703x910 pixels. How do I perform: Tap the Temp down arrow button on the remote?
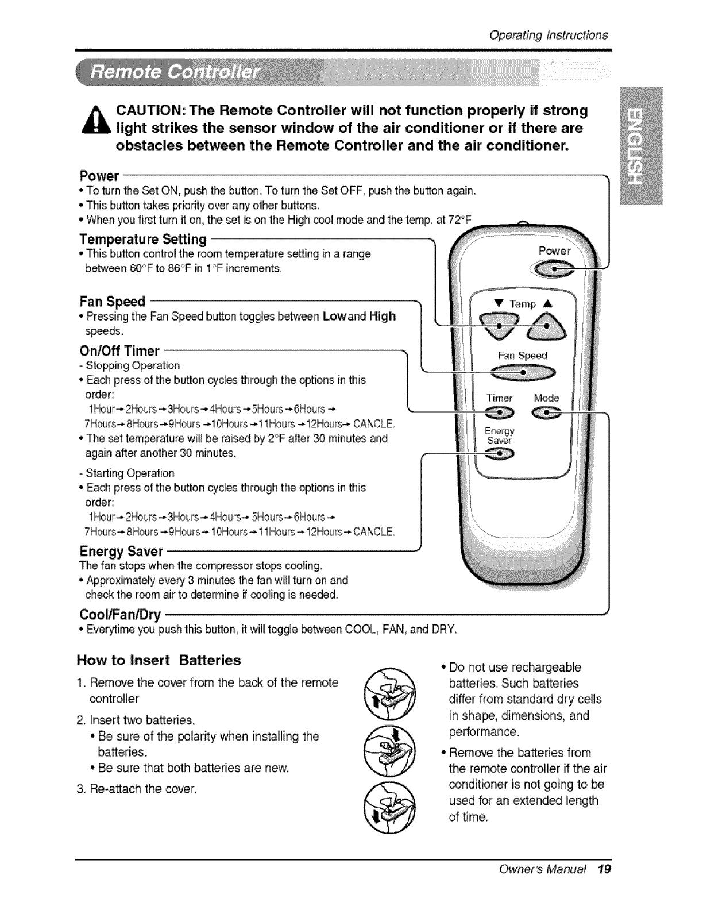tap(499, 326)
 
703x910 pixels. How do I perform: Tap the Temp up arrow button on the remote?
tap(546, 326)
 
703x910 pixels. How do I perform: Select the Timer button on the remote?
tap(499, 412)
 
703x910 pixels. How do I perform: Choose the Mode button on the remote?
tap(546, 412)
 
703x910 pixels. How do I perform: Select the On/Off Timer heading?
tap(119, 350)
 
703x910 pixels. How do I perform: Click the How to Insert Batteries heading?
tap(159, 660)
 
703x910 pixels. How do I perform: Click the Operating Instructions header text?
tap(549, 34)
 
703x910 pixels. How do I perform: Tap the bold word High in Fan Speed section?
tap(383, 317)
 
